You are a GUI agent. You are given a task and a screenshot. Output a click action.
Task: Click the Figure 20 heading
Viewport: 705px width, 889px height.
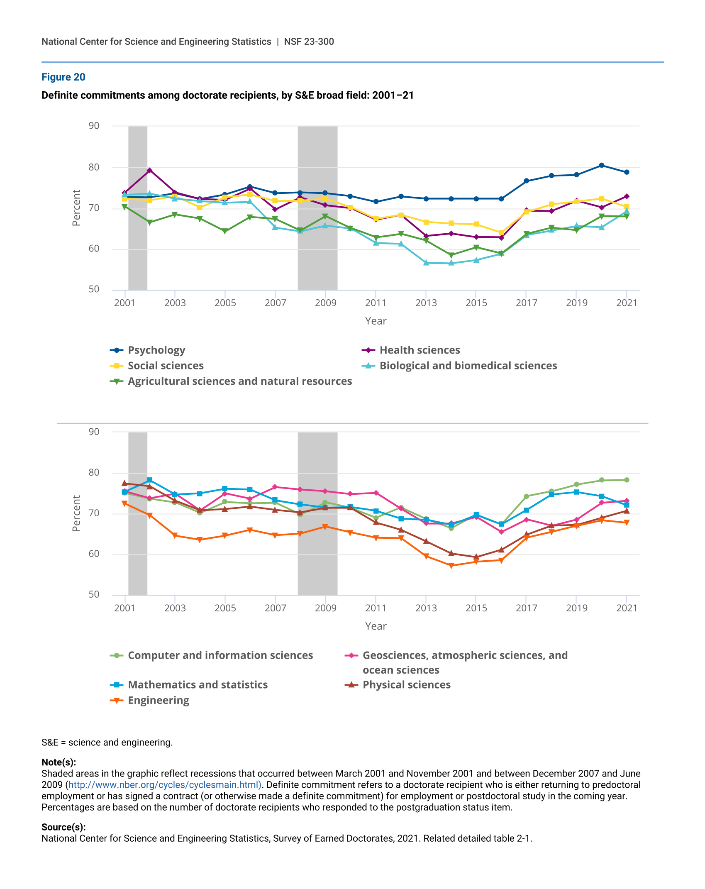(x=63, y=77)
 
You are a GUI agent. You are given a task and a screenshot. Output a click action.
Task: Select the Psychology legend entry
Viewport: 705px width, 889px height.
(x=156, y=350)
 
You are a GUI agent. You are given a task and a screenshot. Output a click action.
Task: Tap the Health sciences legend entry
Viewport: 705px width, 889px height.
(x=420, y=350)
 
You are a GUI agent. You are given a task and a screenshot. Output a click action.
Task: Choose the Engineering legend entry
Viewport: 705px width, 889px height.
(x=158, y=700)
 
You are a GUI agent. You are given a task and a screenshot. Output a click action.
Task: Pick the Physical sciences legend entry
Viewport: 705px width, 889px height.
(x=406, y=685)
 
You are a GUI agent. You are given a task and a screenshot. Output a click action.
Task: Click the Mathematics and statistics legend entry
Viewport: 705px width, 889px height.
(x=198, y=685)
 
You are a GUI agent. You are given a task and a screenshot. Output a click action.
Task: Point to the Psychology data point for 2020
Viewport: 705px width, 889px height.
(x=601, y=165)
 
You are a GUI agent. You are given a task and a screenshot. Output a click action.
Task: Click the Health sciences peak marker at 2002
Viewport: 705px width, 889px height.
(x=150, y=170)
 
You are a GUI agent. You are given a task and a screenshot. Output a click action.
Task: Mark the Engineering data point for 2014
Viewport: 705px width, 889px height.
(x=451, y=565)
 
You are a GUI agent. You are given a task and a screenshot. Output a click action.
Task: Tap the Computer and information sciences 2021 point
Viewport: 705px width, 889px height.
(x=627, y=480)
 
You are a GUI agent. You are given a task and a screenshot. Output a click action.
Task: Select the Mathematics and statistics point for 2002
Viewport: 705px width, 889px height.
(x=150, y=480)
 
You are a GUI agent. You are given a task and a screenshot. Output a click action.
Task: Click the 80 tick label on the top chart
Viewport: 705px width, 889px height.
(x=94, y=167)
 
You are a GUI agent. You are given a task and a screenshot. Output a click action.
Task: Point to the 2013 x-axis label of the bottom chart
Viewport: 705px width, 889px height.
(x=426, y=608)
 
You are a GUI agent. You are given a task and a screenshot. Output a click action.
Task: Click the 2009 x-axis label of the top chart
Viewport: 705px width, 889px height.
(x=325, y=303)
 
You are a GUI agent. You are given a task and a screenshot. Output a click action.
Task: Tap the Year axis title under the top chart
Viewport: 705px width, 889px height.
(x=376, y=321)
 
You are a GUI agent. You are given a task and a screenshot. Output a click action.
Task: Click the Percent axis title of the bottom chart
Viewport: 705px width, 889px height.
(x=76, y=513)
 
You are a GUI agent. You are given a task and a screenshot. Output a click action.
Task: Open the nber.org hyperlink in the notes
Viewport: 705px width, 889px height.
(x=164, y=785)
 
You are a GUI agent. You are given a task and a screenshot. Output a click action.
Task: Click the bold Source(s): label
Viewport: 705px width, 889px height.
(x=63, y=827)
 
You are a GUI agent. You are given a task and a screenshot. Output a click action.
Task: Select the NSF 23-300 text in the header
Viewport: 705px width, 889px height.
(x=309, y=42)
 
